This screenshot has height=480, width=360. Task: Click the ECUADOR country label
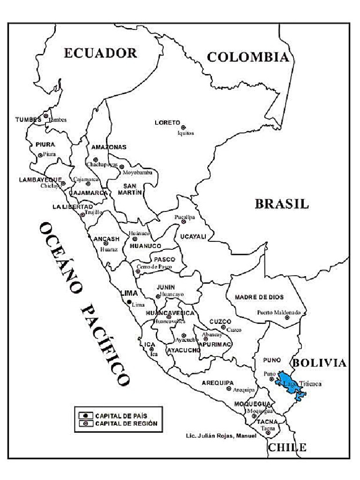[100, 53]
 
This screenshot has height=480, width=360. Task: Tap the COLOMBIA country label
[247, 58]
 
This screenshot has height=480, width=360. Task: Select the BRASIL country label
[282, 204]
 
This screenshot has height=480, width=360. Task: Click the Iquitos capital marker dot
[183, 127]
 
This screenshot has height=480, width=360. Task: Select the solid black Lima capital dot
[129, 302]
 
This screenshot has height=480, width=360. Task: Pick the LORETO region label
[167, 122]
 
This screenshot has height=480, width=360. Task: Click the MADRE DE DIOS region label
[259, 297]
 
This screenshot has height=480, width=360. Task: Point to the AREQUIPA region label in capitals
[217, 382]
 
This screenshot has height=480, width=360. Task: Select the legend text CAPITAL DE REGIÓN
[126, 423]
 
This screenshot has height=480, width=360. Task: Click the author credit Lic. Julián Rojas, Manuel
[221, 436]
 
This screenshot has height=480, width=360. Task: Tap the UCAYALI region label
[193, 237]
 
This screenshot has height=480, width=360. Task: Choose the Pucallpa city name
[184, 217]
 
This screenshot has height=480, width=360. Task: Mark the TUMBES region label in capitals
[28, 120]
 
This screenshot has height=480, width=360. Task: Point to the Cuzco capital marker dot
[224, 327]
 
